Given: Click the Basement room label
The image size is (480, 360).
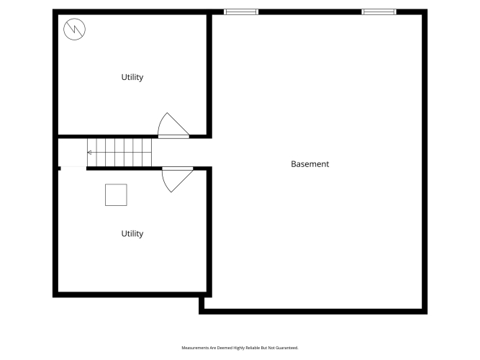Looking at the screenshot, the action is tap(309, 164).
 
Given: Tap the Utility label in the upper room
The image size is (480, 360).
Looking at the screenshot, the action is tap(132, 77).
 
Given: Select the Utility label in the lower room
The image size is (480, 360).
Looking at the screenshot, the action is tap(132, 234).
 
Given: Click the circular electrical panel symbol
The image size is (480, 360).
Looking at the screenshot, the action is tap(74, 29).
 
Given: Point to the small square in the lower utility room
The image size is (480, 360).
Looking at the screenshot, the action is tap(116, 195).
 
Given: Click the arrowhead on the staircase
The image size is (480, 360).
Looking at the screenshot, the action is tap(89, 152).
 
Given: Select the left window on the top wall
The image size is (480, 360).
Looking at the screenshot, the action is tap(241, 12).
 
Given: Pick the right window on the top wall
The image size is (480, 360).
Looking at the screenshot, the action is tap(379, 12).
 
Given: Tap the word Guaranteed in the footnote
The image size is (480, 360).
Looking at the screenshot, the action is tap(287, 348).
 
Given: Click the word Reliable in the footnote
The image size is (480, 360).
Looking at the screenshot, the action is tap(253, 348).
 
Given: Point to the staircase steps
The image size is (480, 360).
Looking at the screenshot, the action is tap(119, 152).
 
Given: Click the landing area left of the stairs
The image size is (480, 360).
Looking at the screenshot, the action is tap(73, 152).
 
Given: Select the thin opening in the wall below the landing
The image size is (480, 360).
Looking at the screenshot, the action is tap(73, 168).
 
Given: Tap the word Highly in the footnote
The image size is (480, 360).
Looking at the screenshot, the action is tap(239, 348).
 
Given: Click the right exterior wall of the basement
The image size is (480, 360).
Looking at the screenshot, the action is tap(425, 161).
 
